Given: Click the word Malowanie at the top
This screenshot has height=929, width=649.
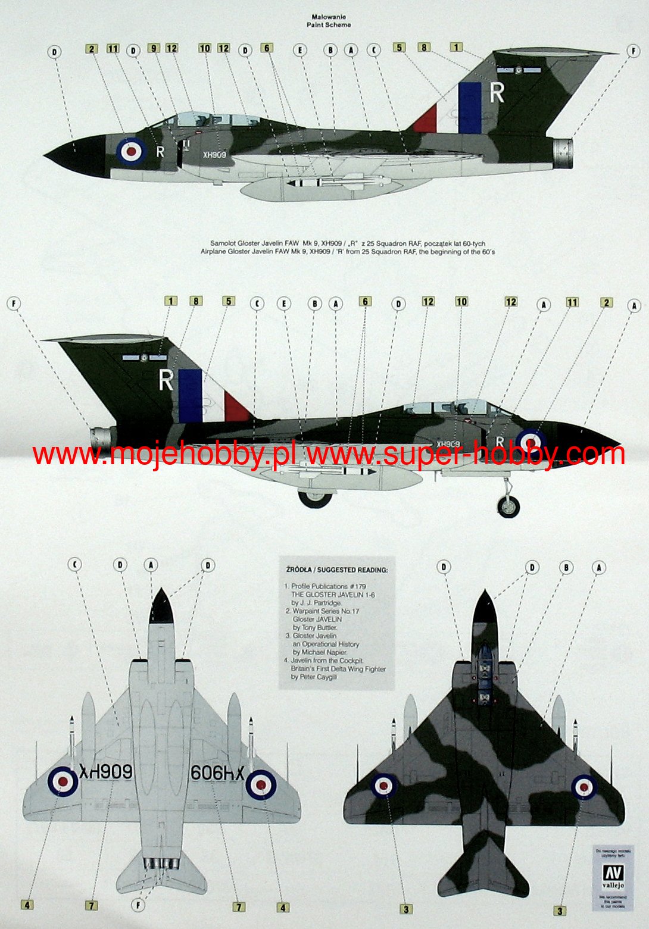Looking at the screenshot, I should point(328,17).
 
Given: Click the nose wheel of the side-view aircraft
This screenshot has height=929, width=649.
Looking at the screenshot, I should point(508,505).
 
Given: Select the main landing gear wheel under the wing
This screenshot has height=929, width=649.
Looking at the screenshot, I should point(314,497).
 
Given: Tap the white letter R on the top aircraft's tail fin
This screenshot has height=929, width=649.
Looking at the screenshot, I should point(497,92).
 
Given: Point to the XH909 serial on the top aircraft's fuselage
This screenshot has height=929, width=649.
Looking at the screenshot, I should point(214,155).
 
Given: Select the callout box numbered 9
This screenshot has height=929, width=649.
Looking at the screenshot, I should point(154,48).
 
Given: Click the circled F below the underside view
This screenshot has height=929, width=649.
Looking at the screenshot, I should point(139,905).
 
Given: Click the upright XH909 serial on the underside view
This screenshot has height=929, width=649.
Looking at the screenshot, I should point(106,772).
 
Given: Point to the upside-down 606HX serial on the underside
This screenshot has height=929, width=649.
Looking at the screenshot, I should point(217,773).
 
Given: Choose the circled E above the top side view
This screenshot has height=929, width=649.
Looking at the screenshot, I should point(301,51).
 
